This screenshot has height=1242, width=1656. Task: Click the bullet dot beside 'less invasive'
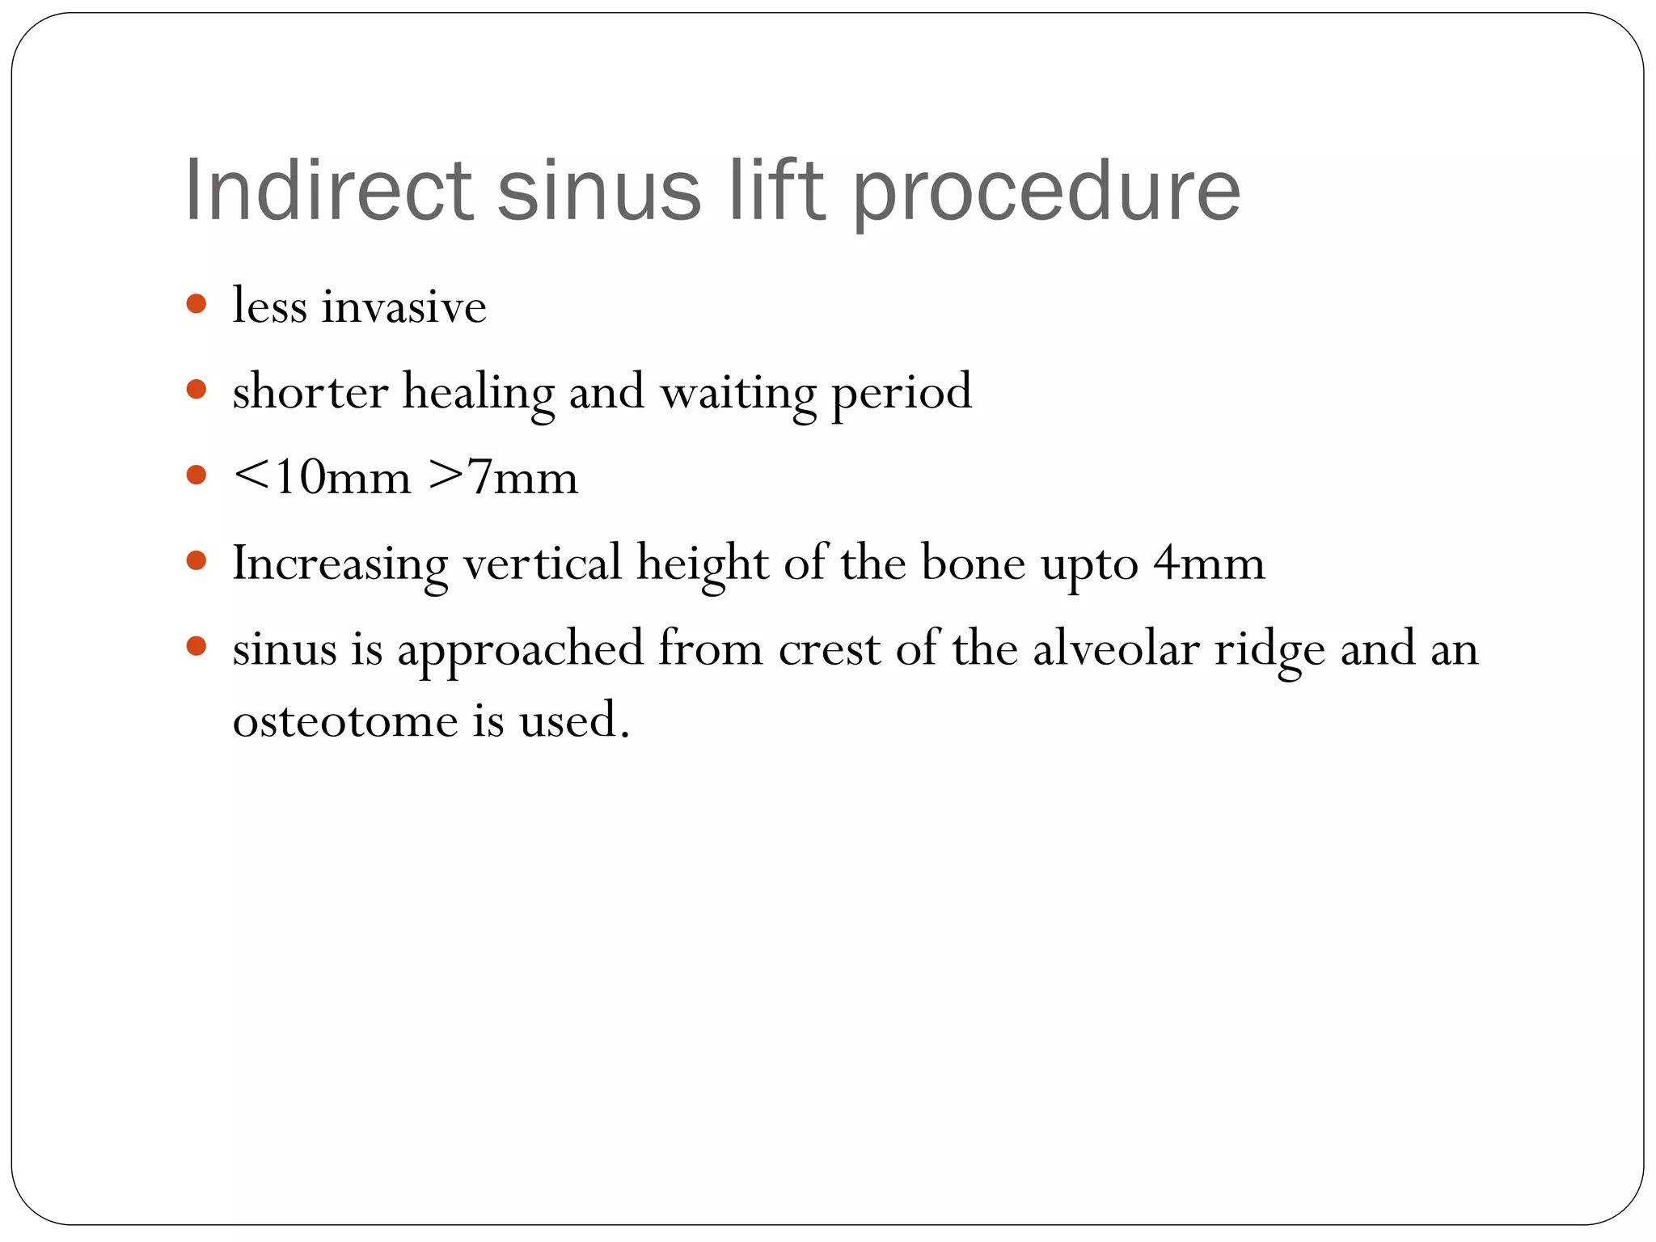click(x=196, y=305)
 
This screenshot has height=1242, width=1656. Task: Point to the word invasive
click(x=403, y=306)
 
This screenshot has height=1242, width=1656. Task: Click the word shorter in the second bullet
click(x=310, y=392)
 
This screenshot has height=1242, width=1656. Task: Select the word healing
click(x=478, y=394)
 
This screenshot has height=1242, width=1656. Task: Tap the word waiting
click(x=737, y=394)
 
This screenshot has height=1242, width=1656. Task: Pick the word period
click(x=901, y=394)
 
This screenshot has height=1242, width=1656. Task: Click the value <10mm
click(x=322, y=477)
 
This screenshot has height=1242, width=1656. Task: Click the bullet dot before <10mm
click(x=196, y=475)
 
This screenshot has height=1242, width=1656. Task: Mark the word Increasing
click(x=340, y=564)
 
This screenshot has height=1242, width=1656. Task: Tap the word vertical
click(x=542, y=563)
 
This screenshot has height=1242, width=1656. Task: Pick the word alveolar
click(x=1116, y=648)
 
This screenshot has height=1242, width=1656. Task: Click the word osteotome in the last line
click(x=344, y=720)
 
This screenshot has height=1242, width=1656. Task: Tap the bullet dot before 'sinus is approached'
click(x=196, y=646)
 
